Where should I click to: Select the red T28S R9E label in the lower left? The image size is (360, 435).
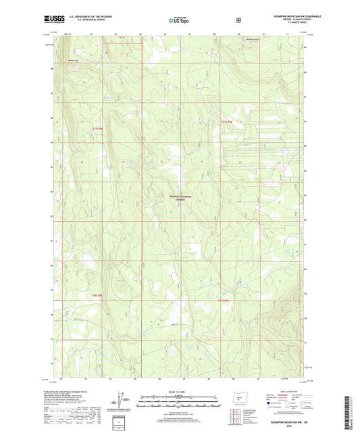(99, 295)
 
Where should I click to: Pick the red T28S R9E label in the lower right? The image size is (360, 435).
(224, 299)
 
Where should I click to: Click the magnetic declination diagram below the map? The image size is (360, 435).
(124, 403)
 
